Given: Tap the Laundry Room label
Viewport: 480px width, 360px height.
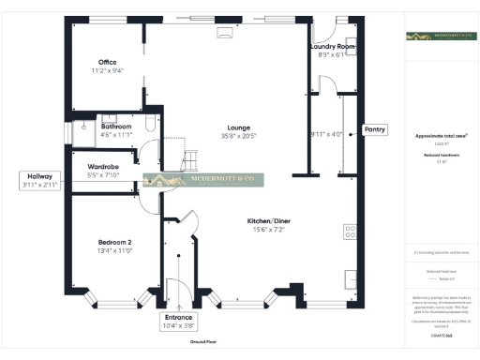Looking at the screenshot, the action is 333,46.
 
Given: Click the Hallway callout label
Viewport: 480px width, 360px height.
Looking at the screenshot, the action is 39,175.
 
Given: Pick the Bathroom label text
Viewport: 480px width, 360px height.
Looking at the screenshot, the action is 116,126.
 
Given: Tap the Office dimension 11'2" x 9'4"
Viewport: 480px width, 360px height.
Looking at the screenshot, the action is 108,70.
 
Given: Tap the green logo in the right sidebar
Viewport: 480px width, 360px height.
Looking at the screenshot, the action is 437,37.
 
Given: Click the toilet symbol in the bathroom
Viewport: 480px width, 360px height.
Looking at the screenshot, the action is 84,124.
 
